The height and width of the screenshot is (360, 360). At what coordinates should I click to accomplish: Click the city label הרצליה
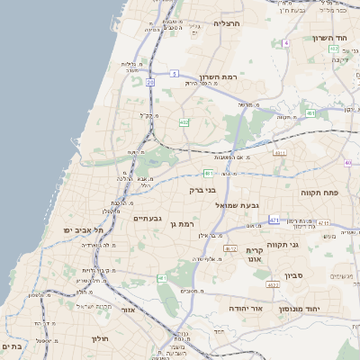coord(227,22)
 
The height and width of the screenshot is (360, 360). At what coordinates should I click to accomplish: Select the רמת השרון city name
coord(217,77)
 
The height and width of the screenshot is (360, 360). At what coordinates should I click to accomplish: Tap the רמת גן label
coord(181,223)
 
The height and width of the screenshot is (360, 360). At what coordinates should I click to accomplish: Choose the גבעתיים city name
coord(147,218)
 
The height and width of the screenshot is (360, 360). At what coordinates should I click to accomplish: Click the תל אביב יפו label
coord(83,230)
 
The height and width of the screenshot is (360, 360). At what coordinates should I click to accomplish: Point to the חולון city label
coord(99,338)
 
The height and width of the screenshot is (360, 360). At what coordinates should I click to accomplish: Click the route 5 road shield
coord(174,73)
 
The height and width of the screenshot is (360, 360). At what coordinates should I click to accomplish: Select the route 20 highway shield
coord(150,82)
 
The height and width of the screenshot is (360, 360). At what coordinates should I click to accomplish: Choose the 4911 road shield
coord(279,153)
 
